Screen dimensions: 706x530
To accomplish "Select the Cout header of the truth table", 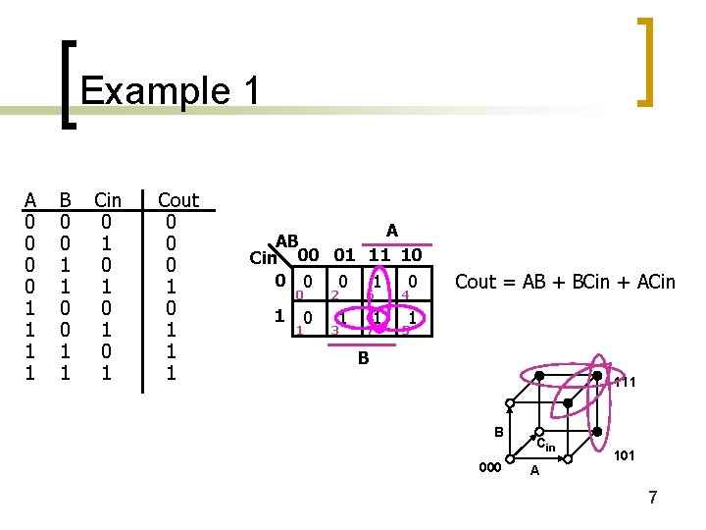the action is [177, 200].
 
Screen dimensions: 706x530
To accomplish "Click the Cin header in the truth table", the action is [107, 200].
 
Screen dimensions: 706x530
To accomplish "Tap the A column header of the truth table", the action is [30, 200].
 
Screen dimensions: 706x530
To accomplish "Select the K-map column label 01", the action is [343, 255].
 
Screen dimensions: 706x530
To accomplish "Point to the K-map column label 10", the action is [411, 255].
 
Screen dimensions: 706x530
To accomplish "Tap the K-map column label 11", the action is [378, 255].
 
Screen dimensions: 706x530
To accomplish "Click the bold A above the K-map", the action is [391, 231].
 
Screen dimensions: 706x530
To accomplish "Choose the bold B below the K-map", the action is [363, 359].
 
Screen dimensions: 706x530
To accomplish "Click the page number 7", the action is [652, 498].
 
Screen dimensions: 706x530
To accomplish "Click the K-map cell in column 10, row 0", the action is [414, 283].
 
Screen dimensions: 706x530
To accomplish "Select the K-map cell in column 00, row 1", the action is [308, 318].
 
